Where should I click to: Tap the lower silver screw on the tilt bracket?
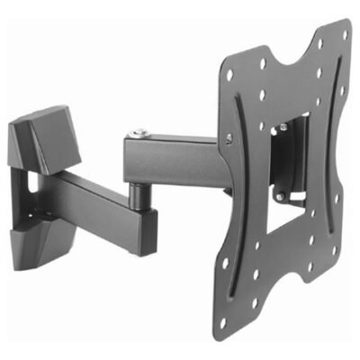tap(280, 197)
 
